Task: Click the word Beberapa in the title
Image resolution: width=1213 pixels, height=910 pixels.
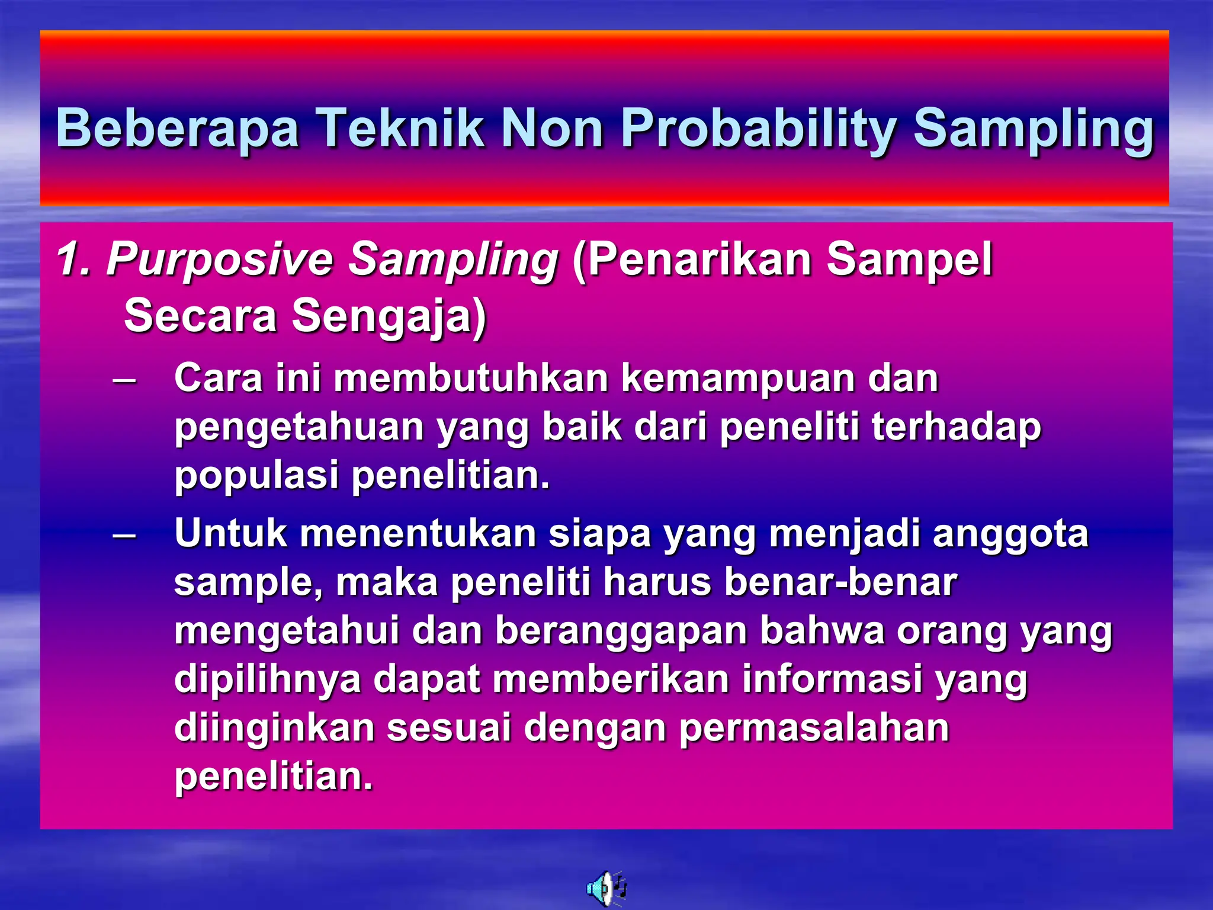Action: [x=177, y=129]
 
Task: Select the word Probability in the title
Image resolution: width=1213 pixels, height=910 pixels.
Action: [x=758, y=129]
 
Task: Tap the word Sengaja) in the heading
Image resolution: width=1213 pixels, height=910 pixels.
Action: [x=389, y=316]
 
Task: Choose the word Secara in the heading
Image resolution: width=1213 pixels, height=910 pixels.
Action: [x=201, y=315]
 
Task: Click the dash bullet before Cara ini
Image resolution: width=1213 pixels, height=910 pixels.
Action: [x=124, y=379]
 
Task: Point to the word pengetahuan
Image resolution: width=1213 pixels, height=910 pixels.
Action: [x=299, y=428]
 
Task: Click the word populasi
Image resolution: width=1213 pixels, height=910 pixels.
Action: [x=256, y=476]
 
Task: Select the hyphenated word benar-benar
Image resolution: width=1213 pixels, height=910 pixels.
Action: [x=840, y=582]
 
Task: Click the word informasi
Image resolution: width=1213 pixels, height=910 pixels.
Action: [x=832, y=680]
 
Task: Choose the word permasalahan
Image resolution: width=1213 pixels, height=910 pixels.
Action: [x=814, y=728]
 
